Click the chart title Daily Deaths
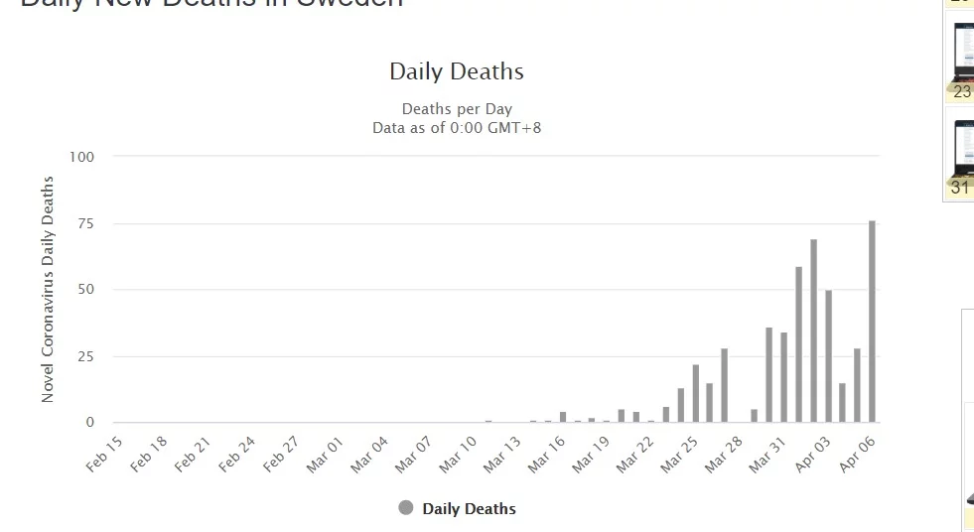coord(456,71)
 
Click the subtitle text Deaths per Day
coord(457,109)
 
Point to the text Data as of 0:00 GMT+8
coord(457,128)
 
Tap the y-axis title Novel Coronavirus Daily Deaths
coord(48,289)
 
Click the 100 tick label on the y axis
coord(81,157)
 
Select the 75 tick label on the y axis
coord(85,223)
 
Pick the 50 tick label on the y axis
coord(85,290)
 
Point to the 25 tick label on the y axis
coord(85,356)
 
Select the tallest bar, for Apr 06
coord(872,322)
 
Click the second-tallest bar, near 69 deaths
coord(813,331)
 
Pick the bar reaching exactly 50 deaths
coord(828,356)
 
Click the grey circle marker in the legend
coord(405,508)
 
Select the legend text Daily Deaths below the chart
coord(469,509)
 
